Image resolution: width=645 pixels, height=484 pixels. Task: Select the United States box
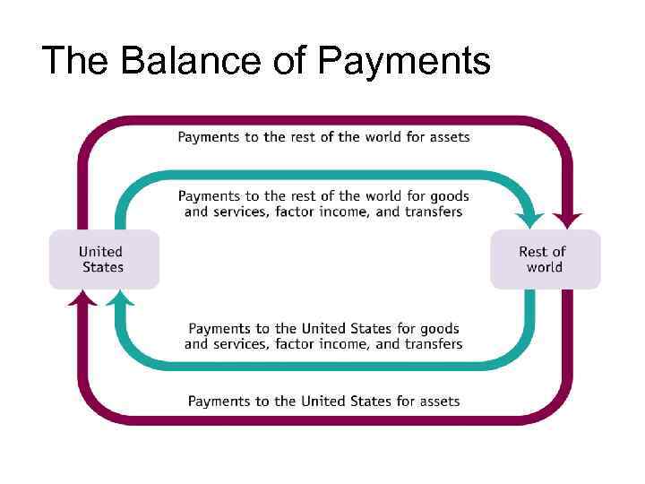(103, 259)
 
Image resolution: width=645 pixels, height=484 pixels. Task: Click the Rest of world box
(545, 259)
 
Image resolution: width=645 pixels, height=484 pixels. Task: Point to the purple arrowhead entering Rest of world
(567, 219)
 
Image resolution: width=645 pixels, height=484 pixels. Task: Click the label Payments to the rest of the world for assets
(323, 137)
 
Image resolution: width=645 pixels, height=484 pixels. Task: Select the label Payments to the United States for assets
(323, 401)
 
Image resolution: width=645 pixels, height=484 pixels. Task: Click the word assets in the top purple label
(449, 137)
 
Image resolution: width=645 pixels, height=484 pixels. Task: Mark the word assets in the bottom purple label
(439, 401)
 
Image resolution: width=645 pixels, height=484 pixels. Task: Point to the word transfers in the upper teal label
(433, 212)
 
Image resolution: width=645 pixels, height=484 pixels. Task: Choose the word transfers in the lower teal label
(433, 343)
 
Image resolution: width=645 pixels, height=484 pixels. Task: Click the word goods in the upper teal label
(450, 196)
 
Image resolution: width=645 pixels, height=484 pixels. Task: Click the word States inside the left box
(103, 267)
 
